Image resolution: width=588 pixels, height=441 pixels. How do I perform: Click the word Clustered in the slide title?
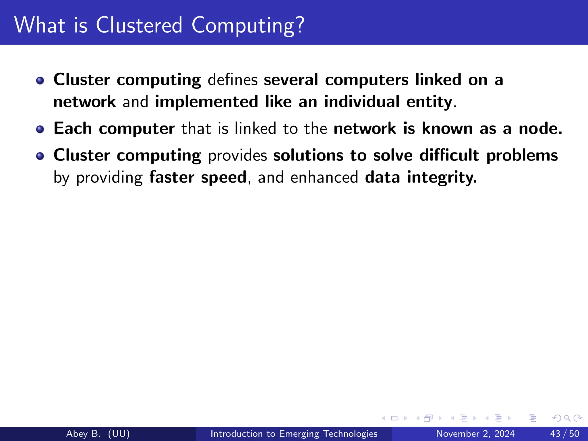[x=139, y=25]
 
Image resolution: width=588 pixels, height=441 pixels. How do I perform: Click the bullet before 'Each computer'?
[x=40, y=129]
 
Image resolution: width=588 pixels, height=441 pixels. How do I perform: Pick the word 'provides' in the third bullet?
[x=237, y=156]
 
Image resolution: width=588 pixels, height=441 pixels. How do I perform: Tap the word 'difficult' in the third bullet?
[x=449, y=155]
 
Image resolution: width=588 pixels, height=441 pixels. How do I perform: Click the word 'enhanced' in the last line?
[x=324, y=177]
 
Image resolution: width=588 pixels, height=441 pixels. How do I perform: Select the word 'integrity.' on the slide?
[x=442, y=178]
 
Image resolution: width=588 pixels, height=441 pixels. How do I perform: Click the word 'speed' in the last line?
[x=224, y=178]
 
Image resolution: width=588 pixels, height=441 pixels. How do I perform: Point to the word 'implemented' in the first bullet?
[x=206, y=102]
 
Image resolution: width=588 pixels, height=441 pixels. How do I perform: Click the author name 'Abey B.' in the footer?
[x=83, y=434]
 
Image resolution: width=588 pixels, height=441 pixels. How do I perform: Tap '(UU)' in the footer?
[x=119, y=434]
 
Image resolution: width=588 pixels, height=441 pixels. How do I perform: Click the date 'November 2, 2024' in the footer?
[x=475, y=434]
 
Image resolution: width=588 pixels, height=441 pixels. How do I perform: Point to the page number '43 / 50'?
[x=564, y=434]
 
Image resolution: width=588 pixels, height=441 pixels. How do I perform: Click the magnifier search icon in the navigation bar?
[x=567, y=418]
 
